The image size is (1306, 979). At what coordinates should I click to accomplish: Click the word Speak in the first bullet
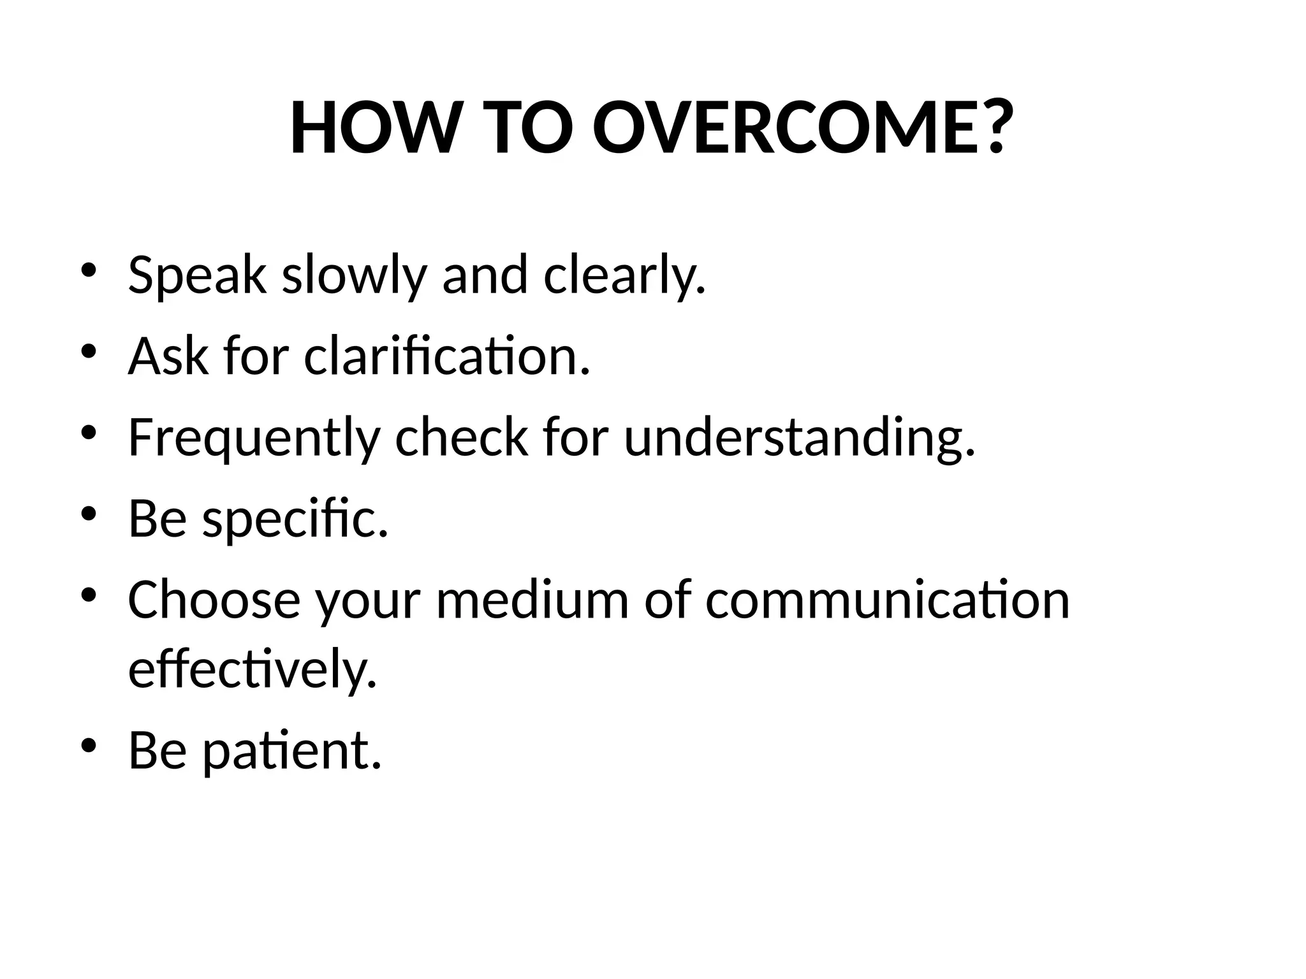coord(196,275)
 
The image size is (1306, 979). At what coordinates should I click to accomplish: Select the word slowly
coord(354,275)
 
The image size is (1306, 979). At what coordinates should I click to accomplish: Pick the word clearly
coord(624,275)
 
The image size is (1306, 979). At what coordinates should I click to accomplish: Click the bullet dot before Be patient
coord(89,744)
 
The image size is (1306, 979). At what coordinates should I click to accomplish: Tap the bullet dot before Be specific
coord(89,512)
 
